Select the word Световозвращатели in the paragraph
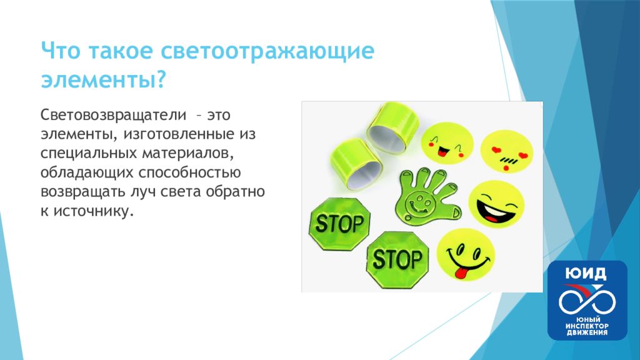pyautogui.click(x=113, y=115)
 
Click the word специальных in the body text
pyautogui.click(x=89, y=153)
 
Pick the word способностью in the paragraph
pyautogui.click(x=189, y=172)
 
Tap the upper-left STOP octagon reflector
pyautogui.click(x=339, y=224)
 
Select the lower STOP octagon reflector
pyautogui.click(x=397, y=259)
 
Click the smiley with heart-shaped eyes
pyautogui.click(x=506, y=151)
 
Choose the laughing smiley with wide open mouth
pyautogui.click(x=496, y=205)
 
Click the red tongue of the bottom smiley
pyautogui.click(x=461, y=272)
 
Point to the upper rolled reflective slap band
pyautogui.click(x=392, y=127)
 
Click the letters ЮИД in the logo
pyautogui.click(x=586, y=273)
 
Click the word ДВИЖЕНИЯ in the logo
pyautogui.click(x=587, y=332)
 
